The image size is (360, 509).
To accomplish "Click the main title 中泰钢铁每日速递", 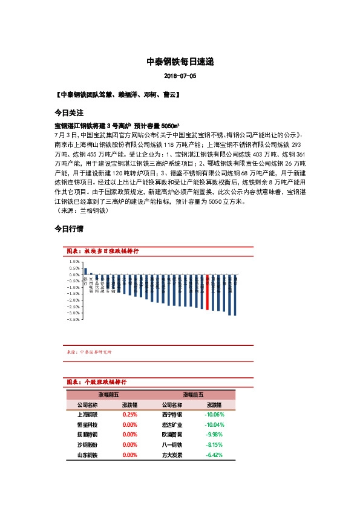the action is coord(180,62).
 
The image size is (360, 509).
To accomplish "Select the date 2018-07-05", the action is coord(180,77).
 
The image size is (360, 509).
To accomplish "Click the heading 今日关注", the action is coord(68,113).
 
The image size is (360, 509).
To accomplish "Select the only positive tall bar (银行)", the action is coord(85,271).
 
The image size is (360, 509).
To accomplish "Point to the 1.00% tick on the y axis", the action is coord(74,262).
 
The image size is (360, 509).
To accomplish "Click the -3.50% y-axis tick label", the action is coord(74,320).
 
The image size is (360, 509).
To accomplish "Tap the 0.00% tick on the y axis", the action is coord(74,274).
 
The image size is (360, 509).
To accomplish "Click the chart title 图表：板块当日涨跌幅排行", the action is coord(103,250).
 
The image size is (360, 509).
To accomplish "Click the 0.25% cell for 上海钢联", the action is coord(129,415).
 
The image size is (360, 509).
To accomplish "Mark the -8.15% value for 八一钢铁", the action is coord(214,444).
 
